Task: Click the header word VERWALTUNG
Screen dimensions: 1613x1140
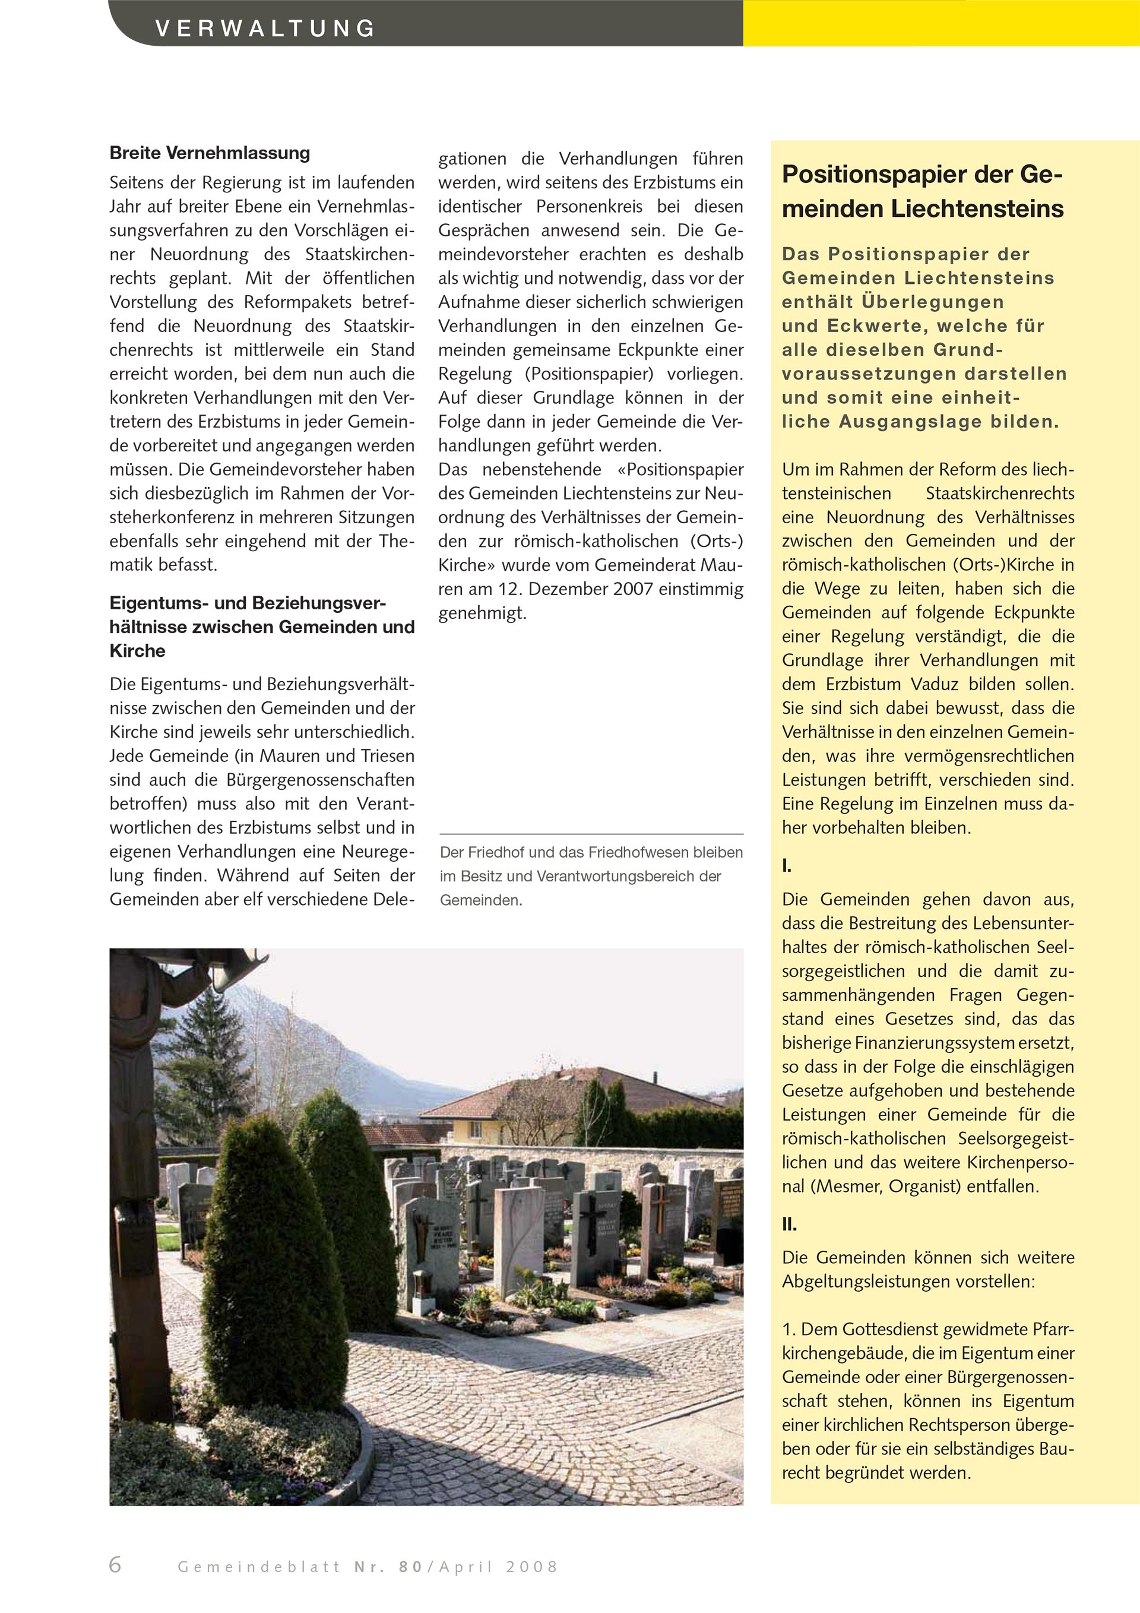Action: point(265,28)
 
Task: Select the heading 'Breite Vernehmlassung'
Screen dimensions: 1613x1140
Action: point(210,153)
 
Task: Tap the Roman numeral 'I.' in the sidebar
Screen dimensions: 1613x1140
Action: point(787,866)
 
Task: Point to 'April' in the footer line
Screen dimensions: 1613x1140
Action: point(467,1567)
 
